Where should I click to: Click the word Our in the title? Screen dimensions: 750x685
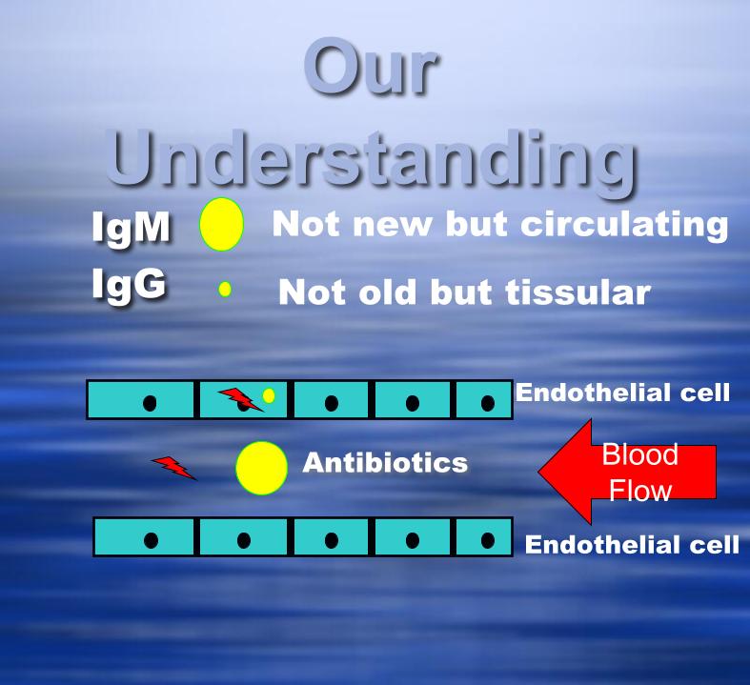click(x=371, y=67)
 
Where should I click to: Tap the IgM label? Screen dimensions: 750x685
click(x=132, y=228)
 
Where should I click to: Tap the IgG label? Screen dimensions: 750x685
click(x=130, y=285)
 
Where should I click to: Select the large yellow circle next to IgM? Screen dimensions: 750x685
click(x=221, y=224)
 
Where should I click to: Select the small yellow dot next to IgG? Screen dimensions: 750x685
click(x=225, y=290)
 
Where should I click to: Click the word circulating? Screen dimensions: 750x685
click(x=624, y=225)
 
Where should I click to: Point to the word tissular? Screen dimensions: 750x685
click(x=578, y=292)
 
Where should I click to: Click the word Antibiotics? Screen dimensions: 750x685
click(x=385, y=463)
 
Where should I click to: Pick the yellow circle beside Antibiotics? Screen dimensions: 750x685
click(x=262, y=468)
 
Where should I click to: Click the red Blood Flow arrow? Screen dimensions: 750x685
click(x=627, y=472)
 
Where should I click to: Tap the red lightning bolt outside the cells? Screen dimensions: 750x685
click(x=174, y=468)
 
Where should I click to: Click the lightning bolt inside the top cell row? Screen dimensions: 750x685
click(x=240, y=399)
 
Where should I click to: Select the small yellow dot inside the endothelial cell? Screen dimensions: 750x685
click(x=269, y=395)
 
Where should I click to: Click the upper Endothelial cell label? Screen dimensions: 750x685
click(x=622, y=393)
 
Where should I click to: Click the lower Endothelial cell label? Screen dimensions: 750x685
click(x=633, y=544)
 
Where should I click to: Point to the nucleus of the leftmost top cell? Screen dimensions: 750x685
click(x=150, y=403)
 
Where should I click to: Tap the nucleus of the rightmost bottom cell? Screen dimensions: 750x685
click(x=488, y=540)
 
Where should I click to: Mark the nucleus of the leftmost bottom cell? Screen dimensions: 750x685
click(x=151, y=540)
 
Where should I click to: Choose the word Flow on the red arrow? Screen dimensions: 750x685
click(x=640, y=491)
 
